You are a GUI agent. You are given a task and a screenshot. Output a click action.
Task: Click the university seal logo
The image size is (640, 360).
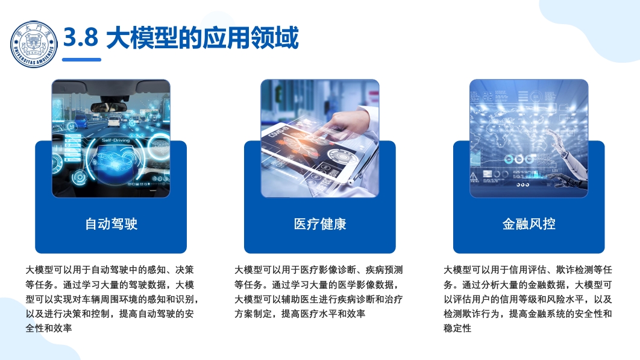[x=34, y=44]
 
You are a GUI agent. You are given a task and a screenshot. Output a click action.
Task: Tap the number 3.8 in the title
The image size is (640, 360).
[x=81, y=37]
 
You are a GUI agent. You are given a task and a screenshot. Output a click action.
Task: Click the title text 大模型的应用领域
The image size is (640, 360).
[x=202, y=37]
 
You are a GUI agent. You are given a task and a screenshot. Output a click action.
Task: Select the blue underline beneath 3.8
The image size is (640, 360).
[x=81, y=60]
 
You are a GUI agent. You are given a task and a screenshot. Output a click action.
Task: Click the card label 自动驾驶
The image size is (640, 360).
[x=111, y=224]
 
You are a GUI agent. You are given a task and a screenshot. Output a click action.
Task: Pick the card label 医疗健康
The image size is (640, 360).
[x=320, y=224]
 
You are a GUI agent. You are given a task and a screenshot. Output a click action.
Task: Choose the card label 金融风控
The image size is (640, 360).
[x=529, y=224]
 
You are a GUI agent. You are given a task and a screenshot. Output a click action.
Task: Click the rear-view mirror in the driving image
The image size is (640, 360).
[x=108, y=107]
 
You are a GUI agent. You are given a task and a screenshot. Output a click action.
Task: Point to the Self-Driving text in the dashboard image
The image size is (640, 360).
[x=116, y=140]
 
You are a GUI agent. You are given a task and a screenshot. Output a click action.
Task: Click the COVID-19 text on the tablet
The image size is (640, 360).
[x=278, y=132]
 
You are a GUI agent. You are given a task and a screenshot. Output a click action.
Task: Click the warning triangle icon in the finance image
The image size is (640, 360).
[x=474, y=177]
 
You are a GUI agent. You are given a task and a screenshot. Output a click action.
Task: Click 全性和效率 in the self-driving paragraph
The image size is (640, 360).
[x=49, y=328]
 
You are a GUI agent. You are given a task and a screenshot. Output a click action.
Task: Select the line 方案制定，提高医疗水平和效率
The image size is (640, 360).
[x=300, y=314]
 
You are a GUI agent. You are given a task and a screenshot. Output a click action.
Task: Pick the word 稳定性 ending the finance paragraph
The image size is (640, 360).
[x=457, y=328]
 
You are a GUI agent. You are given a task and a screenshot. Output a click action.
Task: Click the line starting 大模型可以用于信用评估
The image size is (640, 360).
[x=528, y=270]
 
